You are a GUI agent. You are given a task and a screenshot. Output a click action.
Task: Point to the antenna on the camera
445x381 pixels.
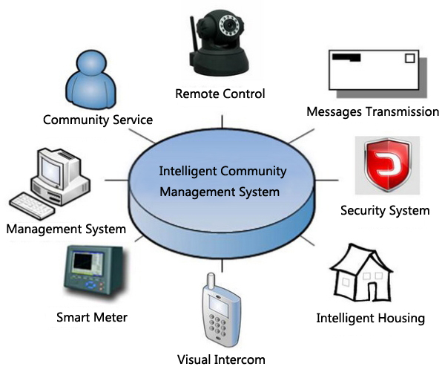[194, 36]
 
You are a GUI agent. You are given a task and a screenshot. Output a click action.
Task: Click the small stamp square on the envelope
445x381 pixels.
[409, 58]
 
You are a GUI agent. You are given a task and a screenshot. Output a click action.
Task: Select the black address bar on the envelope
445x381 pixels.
[346, 57]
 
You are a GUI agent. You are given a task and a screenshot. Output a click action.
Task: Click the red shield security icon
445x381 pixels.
[388, 165]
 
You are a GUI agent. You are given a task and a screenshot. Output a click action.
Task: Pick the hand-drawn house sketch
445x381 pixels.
[362, 273]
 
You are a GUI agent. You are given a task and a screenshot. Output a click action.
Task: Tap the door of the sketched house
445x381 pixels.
[372, 290]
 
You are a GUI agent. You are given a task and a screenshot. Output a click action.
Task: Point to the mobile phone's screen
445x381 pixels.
[219, 305]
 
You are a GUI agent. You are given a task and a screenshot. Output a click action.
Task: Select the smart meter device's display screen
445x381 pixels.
[83, 262]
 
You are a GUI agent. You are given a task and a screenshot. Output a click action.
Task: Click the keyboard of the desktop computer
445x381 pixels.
[31, 206]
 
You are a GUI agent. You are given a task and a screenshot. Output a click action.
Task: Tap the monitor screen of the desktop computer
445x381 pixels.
[50, 169]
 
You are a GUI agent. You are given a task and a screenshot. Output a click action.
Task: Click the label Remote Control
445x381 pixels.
[220, 94]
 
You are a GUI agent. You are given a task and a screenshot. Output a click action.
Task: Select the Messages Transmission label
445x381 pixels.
[373, 111]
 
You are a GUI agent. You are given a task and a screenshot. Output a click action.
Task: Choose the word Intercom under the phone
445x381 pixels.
[240, 359]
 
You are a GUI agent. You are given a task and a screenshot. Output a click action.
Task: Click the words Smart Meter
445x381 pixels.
[92, 317]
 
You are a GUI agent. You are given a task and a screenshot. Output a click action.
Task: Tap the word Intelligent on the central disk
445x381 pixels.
[188, 172]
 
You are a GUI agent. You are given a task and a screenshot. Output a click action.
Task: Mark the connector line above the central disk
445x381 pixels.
[222, 122]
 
